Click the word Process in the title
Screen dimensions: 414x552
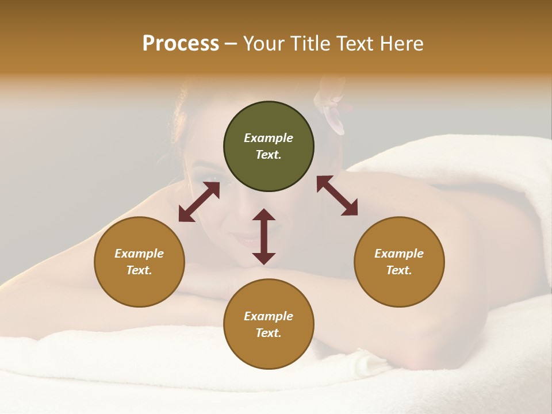[181, 44]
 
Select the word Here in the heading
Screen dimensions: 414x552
[401, 44]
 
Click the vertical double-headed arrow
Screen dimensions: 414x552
[264, 236]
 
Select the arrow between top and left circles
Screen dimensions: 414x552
[199, 202]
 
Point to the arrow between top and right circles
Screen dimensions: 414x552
[337, 195]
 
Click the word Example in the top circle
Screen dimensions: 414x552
[269, 138]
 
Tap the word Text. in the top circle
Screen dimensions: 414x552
[269, 155]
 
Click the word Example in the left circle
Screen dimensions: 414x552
[139, 254]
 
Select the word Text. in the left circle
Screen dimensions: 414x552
[139, 270]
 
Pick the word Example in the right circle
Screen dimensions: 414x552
[399, 254]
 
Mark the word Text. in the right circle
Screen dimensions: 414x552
[399, 270]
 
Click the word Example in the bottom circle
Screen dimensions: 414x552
[269, 316]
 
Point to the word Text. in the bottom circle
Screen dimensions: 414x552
[269, 333]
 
